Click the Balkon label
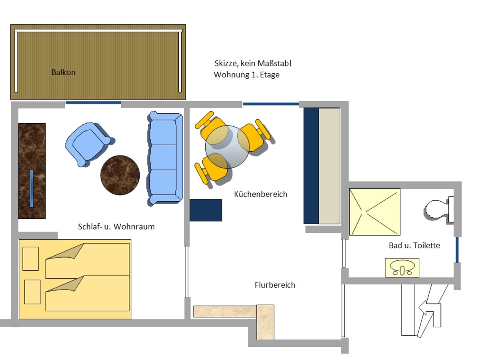(63, 72)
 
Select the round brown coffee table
(120, 175)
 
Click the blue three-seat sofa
(165, 158)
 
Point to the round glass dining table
(227, 146)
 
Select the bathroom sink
(402, 267)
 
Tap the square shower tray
(374, 212)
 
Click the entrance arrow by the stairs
(430, 312)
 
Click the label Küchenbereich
(260, 194)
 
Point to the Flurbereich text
(275, 285)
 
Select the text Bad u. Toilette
(414, 245)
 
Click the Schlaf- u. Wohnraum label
(116, 226)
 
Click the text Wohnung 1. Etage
(246, 74)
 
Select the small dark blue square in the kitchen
(206, 210)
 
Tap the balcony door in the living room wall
(93, 103)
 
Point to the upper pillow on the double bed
(30, 258)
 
